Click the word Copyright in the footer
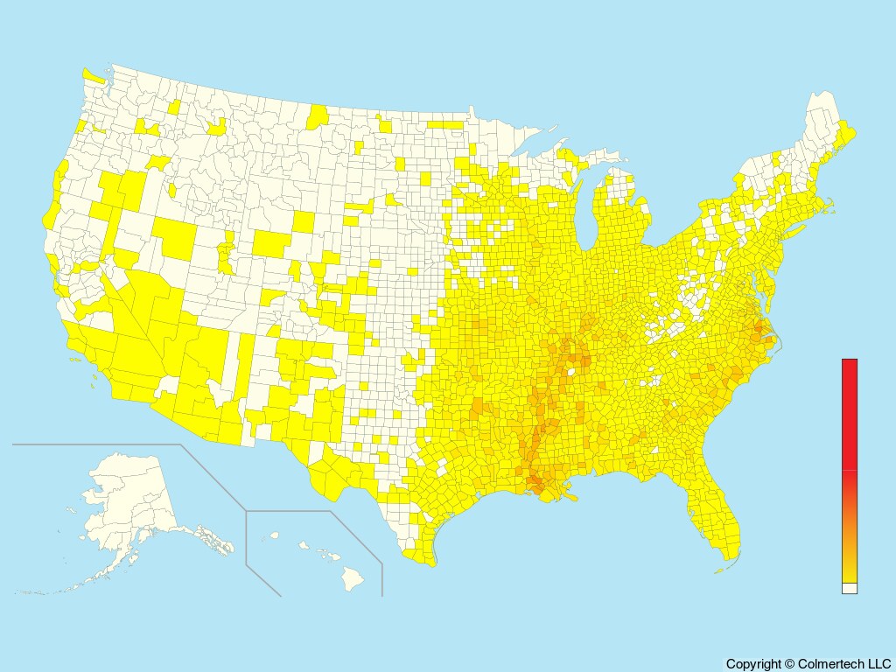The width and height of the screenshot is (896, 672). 753,664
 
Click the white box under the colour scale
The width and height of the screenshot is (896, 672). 850,589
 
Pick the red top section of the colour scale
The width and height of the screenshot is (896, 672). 850,411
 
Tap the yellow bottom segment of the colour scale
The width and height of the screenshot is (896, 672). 850,572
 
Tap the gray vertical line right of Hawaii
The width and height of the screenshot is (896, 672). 382,577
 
